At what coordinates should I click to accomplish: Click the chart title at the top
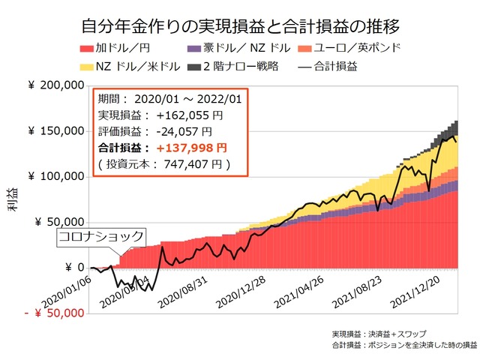tap(240, 27)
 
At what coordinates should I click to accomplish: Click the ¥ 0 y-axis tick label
tap(70, 268)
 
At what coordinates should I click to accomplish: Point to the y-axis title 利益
tap(13, 200)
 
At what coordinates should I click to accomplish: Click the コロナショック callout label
tap(101, 236)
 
